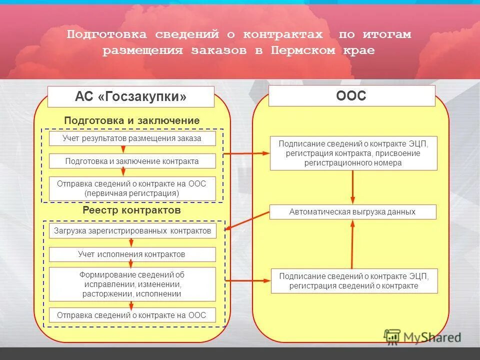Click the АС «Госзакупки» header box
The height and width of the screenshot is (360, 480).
(x=130, y=96)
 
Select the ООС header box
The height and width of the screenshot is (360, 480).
(x=351, y=96)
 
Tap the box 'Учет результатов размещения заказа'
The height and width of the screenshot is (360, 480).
(x=132, y=138)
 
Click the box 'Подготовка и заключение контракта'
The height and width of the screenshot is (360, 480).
(x=132, y=161)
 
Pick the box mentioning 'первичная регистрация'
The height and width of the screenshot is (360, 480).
(x=132, y=188)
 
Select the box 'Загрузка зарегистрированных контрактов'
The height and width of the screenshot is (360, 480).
(x=132, y=231)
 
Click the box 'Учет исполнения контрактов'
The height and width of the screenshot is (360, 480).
(x=132, y=254)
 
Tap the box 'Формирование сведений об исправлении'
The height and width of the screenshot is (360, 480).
(x=132, y=284)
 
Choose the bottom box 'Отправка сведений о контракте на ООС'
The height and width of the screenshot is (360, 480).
(x=132, y=315)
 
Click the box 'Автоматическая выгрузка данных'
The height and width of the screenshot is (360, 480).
(x=352, y=212)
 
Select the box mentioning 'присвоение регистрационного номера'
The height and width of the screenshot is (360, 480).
(x=353, y=153)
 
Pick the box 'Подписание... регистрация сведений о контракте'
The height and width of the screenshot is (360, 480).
(x=354, y=281)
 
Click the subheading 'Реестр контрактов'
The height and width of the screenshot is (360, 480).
(x=131, y=210)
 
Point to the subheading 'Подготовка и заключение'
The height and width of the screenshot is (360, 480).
(x=131, y=120)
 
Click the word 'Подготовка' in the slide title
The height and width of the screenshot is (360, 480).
(x=107, y=34)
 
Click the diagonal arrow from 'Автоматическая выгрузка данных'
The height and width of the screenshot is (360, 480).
(x=247, y=221)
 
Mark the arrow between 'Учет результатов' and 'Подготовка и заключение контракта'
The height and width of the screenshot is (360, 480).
(x=123, y=150)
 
